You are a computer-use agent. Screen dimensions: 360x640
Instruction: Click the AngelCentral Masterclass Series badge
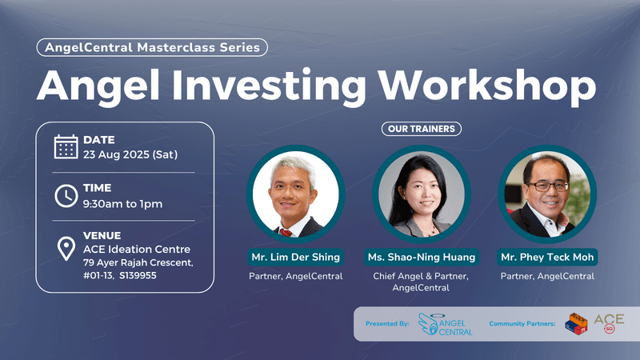[152, 47]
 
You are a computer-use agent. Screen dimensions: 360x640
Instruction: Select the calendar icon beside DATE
[66, 146]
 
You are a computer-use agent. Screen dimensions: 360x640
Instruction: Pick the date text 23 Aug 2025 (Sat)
[130, 154]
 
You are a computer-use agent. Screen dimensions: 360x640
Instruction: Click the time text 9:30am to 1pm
[122, 203]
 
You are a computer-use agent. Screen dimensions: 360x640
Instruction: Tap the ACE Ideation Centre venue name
[137, 250]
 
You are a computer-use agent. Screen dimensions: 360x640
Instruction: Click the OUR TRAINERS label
[422, 128]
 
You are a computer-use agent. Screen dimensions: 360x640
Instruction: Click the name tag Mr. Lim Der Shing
[295, 257]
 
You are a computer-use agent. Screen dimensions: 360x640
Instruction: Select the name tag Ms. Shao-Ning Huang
[422, 257]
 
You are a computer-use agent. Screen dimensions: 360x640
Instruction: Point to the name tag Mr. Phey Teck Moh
[547, 257]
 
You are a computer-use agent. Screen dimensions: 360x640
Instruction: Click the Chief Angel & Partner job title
[422, 276]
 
